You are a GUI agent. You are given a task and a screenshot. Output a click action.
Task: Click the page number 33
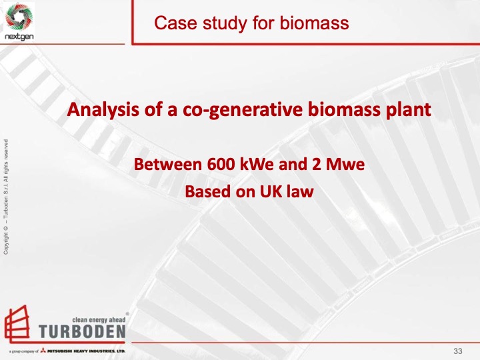click(x=458, y=351)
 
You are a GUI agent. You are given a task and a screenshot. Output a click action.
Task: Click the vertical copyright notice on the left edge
click(x=6, y=197)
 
